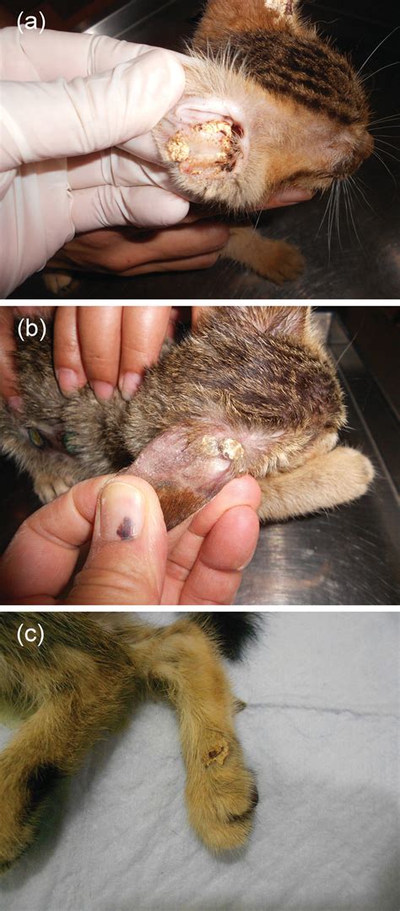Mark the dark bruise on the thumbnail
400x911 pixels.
125,528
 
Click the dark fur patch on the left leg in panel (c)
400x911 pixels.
38,788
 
